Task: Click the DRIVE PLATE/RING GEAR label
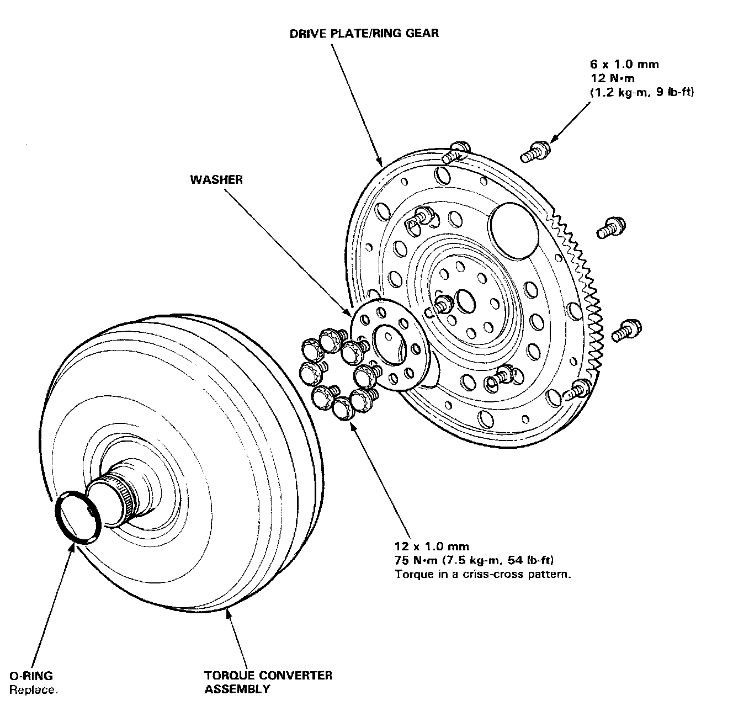tap(364, 34)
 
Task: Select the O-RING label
tap(31, 675)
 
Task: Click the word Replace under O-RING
tap(33, 689)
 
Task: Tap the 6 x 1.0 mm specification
tap(624, 65)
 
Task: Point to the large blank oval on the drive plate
tap(513, 232)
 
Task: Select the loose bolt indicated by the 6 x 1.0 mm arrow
tap(536, 150)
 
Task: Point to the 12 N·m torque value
tap(612, 78)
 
